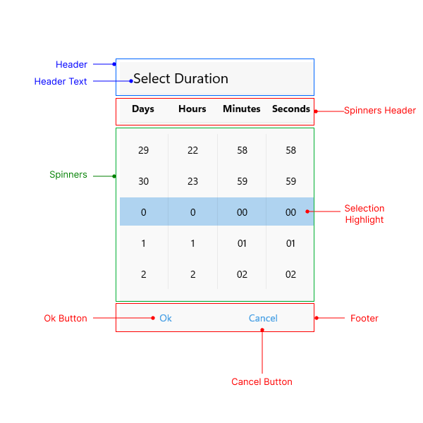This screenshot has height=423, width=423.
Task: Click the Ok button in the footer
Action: click(166, 318)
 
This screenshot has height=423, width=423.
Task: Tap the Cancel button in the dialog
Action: click(263, 318)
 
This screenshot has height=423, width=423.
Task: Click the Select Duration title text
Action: click(180, 78)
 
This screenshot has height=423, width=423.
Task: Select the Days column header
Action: click(143, 109)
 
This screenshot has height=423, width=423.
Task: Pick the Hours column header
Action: click(192, 109)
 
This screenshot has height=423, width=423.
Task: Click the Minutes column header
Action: click(242, 109)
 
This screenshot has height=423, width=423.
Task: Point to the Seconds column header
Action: click(290, 109)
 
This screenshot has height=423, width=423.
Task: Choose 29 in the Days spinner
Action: click(144, 150)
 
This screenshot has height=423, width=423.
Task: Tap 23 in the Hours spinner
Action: click(192, 181)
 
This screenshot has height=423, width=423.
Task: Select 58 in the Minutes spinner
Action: click(242, 150)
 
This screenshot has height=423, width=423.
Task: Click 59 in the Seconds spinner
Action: click(290, 181)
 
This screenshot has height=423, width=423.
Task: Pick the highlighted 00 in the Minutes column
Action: click(242, 212)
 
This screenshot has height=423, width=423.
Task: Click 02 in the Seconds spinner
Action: click(290, 274)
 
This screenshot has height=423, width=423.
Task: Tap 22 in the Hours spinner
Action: click(192, 150)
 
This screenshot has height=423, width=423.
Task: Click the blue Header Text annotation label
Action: click(61, 82)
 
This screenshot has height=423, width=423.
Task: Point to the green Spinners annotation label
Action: click(68, 175)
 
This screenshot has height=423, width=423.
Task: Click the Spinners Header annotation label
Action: click(380, 111)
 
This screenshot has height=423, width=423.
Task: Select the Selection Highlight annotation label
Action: click(364, 214)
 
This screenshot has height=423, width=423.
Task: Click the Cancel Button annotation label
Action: click(262, 382)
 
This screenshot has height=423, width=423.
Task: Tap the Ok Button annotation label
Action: click(66, 319)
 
